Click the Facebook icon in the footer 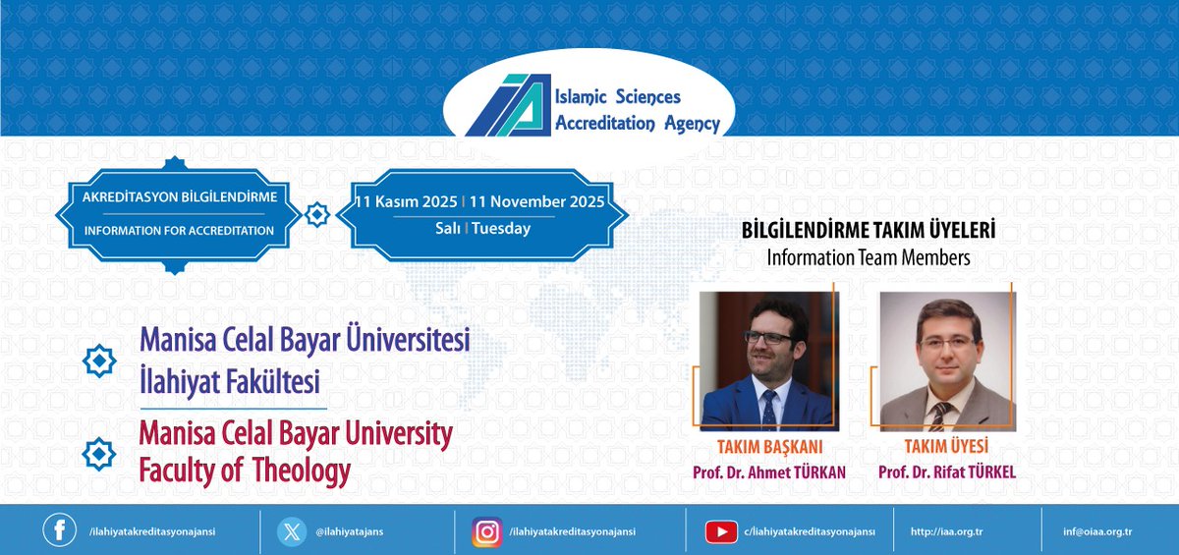59,530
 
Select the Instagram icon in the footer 486,530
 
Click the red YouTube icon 721,531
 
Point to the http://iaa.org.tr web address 947,531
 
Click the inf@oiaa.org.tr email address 1097,531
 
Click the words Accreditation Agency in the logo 637,123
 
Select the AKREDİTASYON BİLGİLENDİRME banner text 180,196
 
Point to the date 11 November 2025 536,201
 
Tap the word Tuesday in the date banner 501,229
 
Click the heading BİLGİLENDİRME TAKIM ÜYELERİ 868,230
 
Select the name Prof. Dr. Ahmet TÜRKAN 769,472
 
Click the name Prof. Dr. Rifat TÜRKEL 947,472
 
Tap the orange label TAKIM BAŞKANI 769,446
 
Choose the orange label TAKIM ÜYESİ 947,446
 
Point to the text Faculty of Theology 245,471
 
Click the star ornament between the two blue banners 317,214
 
